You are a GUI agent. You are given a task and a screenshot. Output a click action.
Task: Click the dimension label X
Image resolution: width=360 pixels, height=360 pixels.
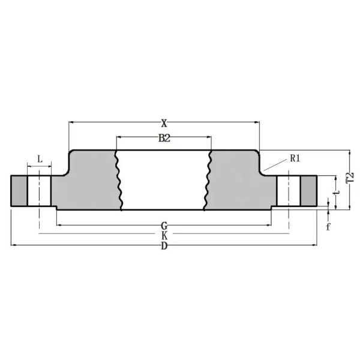point(164,123)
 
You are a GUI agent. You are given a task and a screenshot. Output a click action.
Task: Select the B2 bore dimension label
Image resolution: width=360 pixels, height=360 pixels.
point(164,139)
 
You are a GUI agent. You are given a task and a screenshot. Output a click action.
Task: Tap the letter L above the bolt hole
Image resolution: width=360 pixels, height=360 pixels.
point(40,159)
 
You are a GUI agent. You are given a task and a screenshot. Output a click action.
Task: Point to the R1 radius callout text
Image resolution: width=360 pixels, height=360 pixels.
point(295,158)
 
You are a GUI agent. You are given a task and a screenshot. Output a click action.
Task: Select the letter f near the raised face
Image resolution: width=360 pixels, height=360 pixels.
point(328,227)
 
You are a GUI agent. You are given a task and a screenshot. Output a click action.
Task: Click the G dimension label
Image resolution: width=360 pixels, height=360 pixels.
point(164,226)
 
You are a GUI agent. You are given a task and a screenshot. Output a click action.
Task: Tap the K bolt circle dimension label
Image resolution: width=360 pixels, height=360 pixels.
point(164,236)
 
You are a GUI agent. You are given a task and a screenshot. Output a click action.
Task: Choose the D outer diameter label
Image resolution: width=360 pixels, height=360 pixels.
point(164,247)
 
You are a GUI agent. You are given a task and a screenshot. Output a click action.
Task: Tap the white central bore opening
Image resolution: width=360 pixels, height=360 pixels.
point(163,180)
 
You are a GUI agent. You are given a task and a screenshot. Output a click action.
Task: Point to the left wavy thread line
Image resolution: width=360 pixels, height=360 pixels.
point(118,180)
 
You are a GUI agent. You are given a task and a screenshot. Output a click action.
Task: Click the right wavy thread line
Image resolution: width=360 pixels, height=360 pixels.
point(208,180)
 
